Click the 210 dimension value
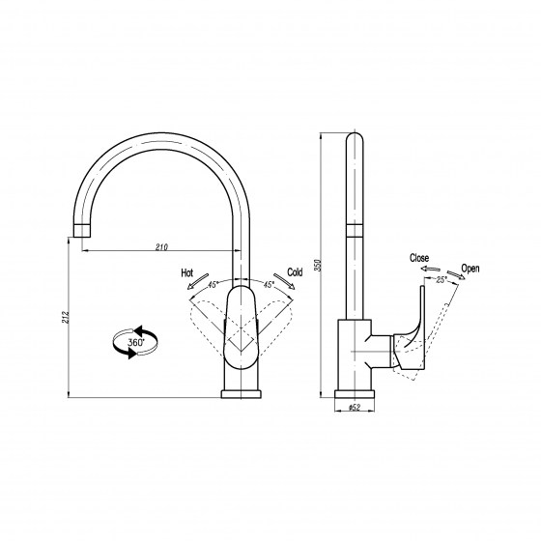coord(161,247)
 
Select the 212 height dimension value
coord(66,317)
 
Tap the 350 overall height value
coord(318,265)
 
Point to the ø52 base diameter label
coord(355,408)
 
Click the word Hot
coord(187,272)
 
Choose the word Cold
coord(295,272)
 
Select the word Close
coord(419,258)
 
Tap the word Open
coord(470,269)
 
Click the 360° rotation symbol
coord(135,342)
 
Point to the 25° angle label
coord(441,280)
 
